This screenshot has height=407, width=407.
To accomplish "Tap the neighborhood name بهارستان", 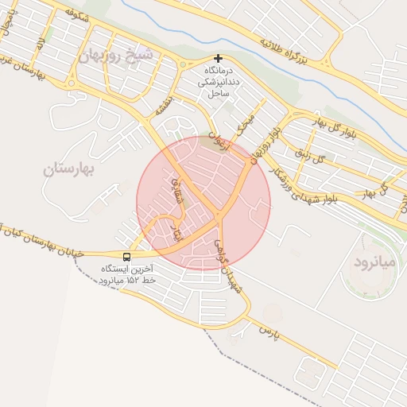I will [70, 169].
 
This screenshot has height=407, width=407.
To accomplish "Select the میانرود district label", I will [372, 263].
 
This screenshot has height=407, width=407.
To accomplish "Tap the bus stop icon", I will [127, 257].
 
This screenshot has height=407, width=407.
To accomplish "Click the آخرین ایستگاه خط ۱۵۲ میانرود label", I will [127, 275].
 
